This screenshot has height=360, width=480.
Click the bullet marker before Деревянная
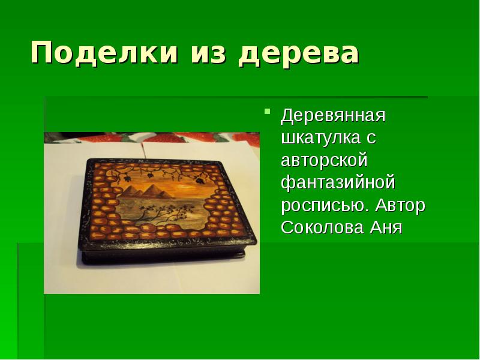click(268, 112)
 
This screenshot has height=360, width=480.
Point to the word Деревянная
click(332, 115)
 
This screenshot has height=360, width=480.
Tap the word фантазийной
click(338, 183)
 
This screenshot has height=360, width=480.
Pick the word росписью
click(323, 206)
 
